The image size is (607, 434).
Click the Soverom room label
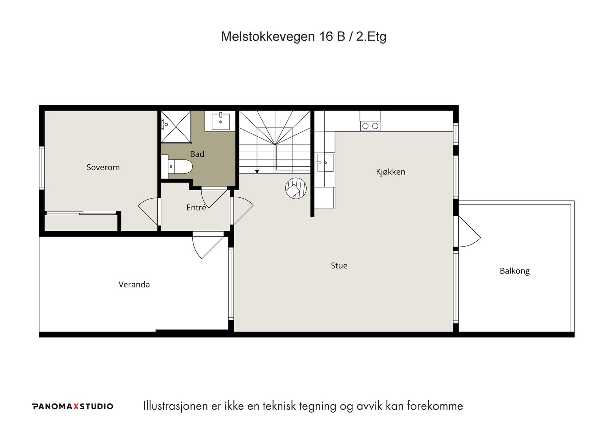[103, 167]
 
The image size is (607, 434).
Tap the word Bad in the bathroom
[197, 154]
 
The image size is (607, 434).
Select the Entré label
[196, 207]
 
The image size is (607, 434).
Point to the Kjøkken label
[390, 172]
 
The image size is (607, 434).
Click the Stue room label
[339, 265]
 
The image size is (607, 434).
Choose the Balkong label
[514, 271]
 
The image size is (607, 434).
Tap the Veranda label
[134, 284]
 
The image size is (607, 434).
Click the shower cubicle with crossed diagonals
[176, 126]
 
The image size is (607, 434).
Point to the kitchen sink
[325, 163]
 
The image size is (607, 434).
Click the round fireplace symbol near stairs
[296, 188]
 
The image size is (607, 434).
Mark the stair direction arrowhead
[257, 171]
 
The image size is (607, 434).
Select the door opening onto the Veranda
[208, 246]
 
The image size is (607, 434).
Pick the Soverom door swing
[148, 211]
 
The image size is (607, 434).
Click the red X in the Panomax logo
[76, 406]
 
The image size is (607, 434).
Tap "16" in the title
[326, 36]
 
